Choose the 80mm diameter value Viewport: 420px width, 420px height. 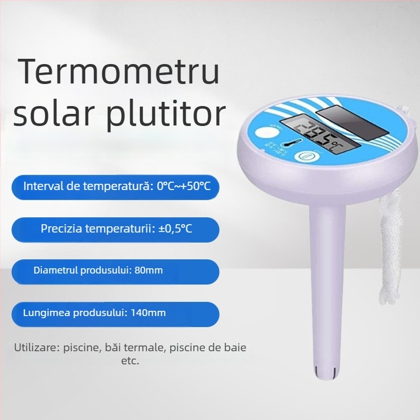149,270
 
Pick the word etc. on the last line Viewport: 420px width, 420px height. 130,361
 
